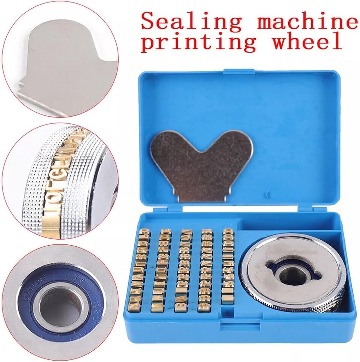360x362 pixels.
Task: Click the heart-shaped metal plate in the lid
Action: point(201,163)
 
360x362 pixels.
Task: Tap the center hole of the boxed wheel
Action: point(293,274)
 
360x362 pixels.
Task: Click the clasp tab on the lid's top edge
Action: point(238,72)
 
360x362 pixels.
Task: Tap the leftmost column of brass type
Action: point(138,270)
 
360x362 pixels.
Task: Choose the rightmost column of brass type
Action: point(228,267)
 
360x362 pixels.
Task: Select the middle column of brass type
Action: point(184,270)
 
